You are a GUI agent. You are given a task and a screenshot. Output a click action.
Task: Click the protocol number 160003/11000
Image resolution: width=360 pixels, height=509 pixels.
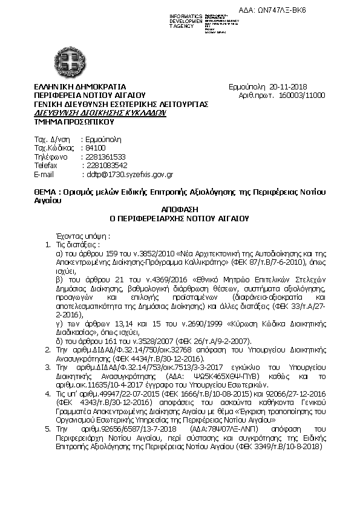[x=303, y=96]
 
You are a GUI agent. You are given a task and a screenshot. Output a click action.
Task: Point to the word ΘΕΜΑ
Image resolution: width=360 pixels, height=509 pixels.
[x=45, y=192]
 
